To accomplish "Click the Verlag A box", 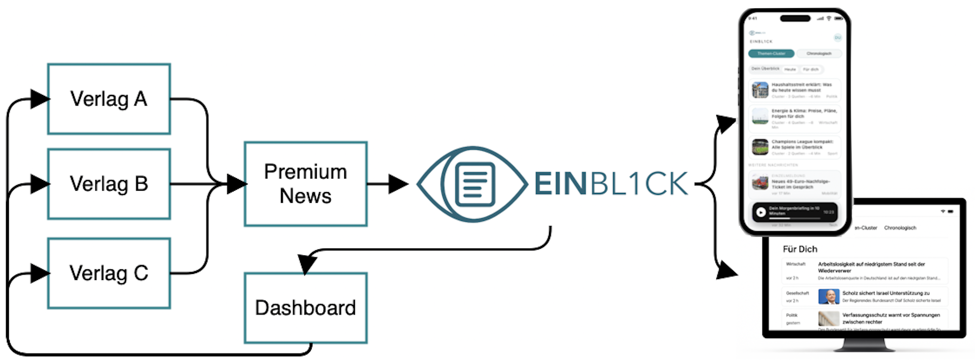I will [x=109, y=99].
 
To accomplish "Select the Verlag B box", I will [x=109, y=184].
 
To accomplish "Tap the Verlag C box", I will [x=109, y=273].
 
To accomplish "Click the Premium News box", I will [x=306, y=184].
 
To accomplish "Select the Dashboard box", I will [x=306, y=308].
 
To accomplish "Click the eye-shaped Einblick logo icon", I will [x=472, y=184].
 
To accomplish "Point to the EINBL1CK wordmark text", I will [x=611, y=184].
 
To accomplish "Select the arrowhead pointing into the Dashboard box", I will [x=307, y=264].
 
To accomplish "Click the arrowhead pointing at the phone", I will [x=726, y=123].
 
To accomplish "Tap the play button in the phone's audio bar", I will [x=761, y=213].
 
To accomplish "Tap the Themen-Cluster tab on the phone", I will [x=771, y=53].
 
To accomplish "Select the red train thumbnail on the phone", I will [x=760, y=182].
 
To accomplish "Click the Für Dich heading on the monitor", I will [x=800, y=249].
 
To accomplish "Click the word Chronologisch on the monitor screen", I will [x=900, y=228].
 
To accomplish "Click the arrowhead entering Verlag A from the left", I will [x=40, y=99].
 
